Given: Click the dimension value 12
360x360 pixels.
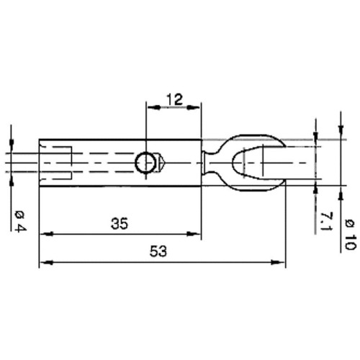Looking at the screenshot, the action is [175, 99].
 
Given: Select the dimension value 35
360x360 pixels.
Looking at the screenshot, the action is [120, 224].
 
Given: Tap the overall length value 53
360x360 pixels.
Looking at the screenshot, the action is [158, 251].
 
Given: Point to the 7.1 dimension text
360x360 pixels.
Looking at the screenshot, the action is [326, 221].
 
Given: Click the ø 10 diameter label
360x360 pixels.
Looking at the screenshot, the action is [350, 235].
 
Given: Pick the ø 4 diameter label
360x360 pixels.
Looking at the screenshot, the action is [20, 221].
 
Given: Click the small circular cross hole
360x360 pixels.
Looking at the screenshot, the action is [145, 163].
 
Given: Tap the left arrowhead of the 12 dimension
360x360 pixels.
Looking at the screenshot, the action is [153, 107].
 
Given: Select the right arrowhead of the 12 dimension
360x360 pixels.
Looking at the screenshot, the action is [194, 107].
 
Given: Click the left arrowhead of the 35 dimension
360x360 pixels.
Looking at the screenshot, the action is [46, 233].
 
